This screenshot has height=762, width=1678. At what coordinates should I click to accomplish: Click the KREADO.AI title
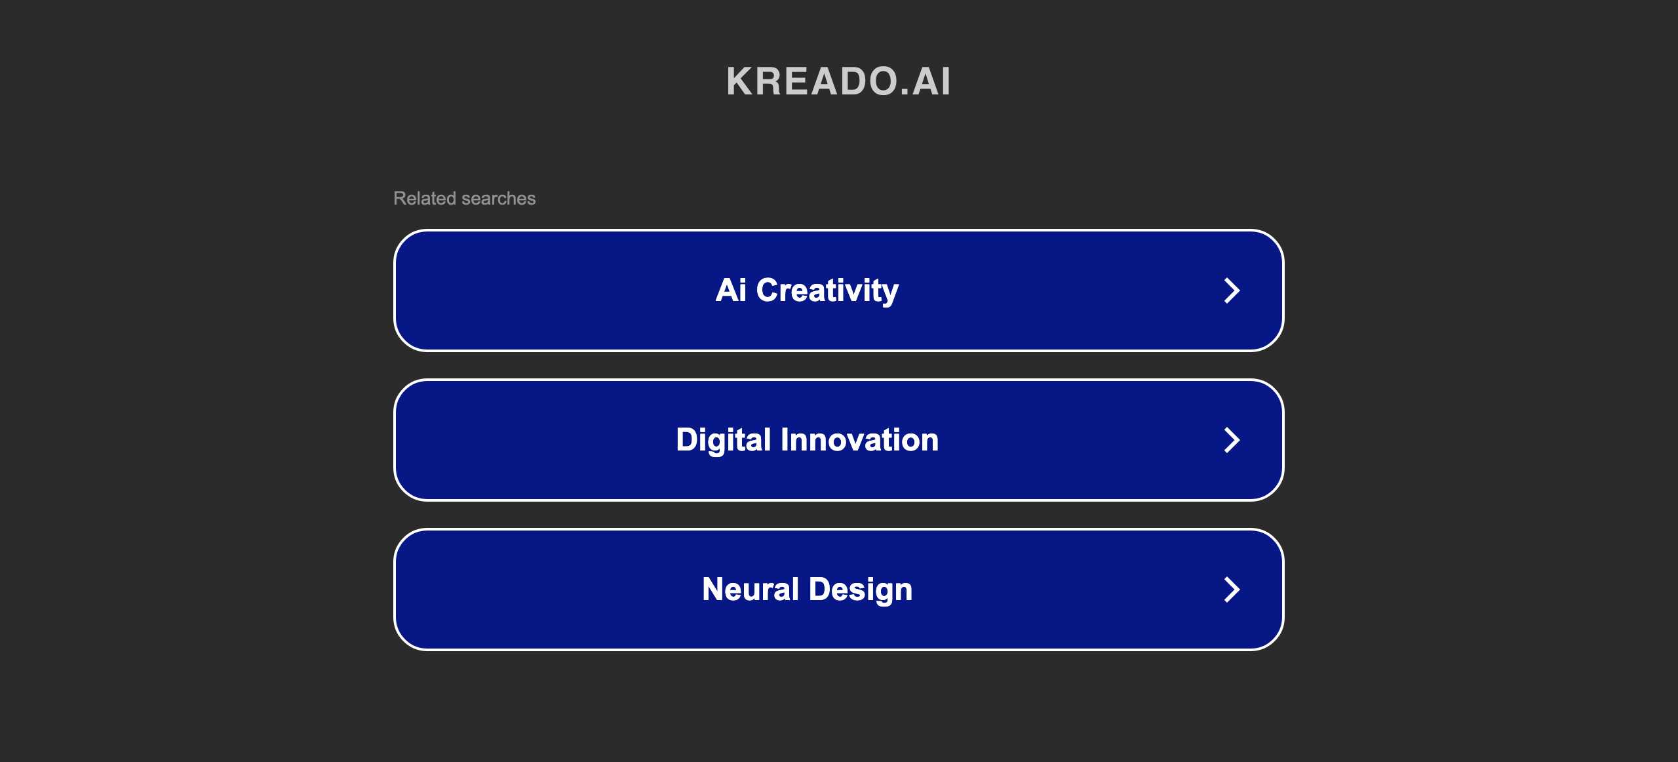838,81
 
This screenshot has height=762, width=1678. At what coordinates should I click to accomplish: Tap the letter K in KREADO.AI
741,81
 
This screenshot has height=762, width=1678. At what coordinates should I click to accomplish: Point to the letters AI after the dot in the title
931,81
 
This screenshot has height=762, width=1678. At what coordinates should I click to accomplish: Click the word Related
424,198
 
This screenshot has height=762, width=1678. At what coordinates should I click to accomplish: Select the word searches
498,198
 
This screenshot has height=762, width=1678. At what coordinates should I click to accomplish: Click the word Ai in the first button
731,290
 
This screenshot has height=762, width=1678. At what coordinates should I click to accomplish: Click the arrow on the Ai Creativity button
1232,291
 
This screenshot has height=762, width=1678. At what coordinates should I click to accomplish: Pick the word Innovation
859,439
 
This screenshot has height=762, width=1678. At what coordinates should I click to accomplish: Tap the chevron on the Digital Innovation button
1232,440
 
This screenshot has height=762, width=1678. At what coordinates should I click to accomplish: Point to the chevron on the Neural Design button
1232,590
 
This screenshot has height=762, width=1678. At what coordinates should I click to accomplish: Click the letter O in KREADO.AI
880,81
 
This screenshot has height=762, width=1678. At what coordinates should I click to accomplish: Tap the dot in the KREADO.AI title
905,92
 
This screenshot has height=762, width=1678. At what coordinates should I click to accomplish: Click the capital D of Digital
688,439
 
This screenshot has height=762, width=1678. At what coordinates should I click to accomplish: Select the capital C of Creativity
769,290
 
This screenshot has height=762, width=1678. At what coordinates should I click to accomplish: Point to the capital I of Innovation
784,439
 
